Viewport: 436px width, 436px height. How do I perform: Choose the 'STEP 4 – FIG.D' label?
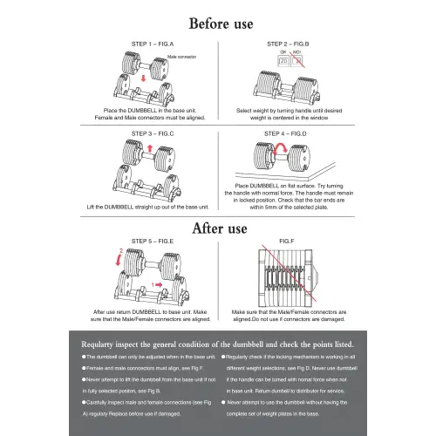coord(285,133)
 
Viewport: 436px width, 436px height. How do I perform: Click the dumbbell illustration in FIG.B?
coord(289,87)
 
